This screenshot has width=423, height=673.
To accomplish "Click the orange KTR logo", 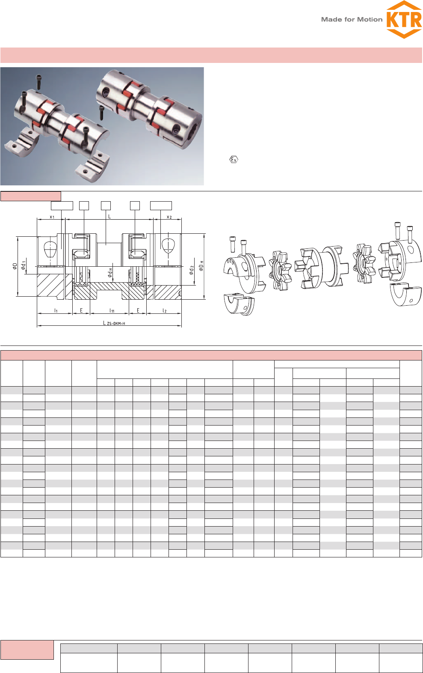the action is pos(404,20).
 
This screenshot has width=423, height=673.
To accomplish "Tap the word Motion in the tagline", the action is pos(370,20).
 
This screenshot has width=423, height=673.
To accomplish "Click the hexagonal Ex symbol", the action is pos(234,160).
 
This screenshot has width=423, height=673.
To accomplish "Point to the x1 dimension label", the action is pos(52,217).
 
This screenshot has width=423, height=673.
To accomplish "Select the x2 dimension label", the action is pos(169,217).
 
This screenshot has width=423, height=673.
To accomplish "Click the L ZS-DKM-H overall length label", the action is pos(114,323).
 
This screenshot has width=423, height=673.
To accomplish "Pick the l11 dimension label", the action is pos(112,310).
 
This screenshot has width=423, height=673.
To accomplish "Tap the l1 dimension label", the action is pos(56,310).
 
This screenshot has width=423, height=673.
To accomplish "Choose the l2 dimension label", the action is pos(165,310).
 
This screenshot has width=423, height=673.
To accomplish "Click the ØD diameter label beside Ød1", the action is pos(15,266).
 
